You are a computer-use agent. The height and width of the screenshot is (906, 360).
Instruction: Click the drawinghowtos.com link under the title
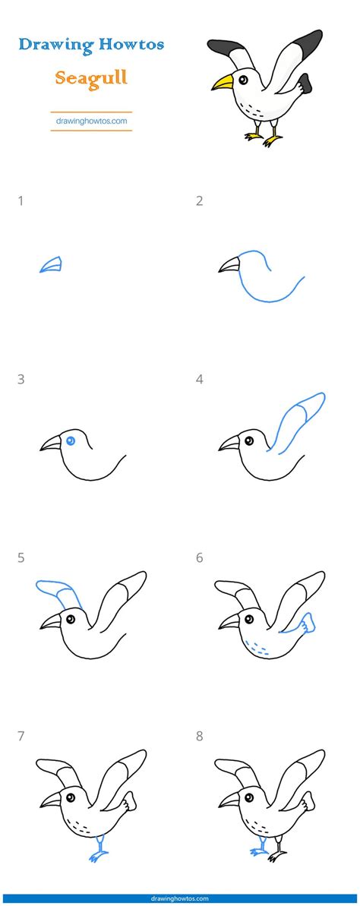(x=91, y=122)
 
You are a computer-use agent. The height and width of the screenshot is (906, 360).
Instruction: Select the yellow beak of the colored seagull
(x=223, y=82)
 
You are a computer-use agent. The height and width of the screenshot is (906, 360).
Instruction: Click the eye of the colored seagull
(x=243, y=80)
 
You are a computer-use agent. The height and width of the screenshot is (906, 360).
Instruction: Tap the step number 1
(x=21, y=201)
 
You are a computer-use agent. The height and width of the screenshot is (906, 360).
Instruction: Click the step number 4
(x=199, y=380)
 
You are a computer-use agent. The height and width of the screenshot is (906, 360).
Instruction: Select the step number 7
(x=21, y=736)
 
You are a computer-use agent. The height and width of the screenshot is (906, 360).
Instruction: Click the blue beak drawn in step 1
(x=52, y=264)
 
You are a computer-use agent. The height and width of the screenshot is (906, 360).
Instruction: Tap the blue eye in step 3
(x=71, y=441)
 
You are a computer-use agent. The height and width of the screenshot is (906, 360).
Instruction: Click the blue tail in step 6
(x=306, y=623)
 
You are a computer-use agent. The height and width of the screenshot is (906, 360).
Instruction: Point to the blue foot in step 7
(x=100, y=851)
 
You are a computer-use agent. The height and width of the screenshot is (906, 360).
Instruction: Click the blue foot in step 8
(x=259, y=847)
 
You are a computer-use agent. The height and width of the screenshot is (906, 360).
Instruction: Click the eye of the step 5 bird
(x=71, y=619)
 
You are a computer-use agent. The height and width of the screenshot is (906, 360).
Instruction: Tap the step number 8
(x=199, y=736)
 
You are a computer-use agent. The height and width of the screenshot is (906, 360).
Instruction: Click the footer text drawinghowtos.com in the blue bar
(x=180, y=899)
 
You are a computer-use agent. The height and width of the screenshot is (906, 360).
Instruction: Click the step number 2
(x=199, y=201)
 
